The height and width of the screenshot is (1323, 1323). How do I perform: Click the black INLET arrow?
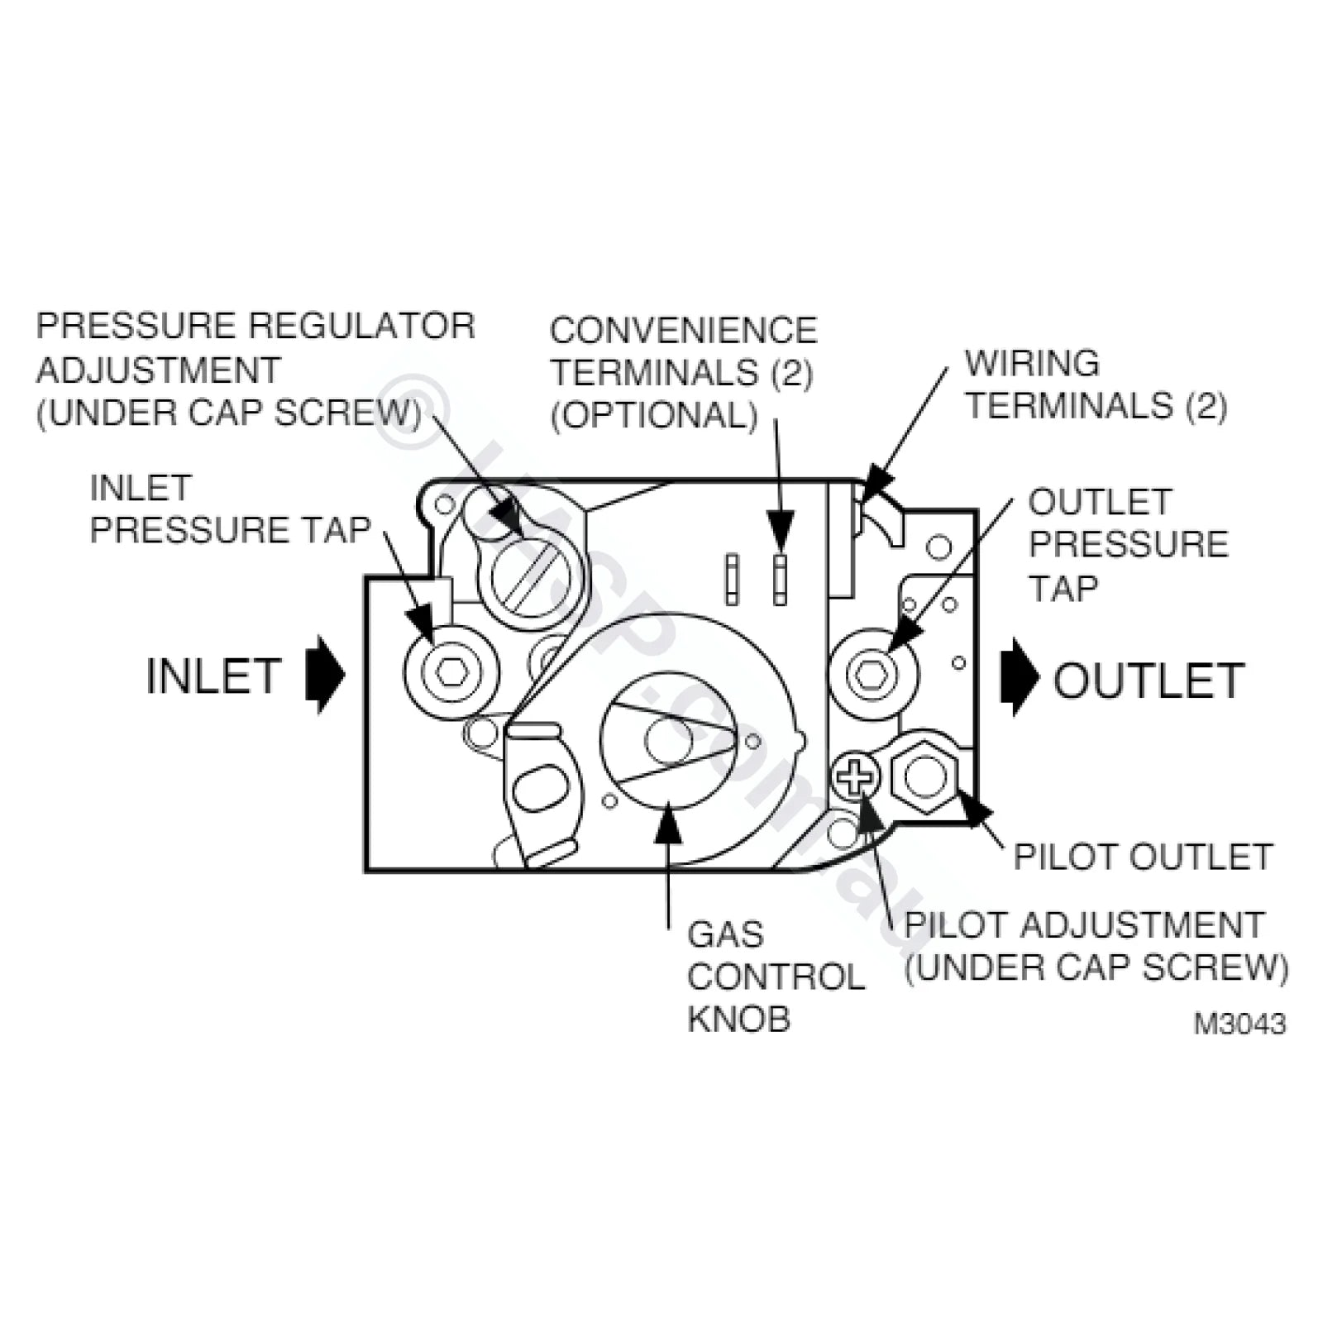coord(325,674)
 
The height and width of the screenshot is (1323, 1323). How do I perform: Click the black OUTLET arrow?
coord(1019,676)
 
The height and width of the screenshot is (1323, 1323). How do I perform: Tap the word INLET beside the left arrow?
coord(213,676)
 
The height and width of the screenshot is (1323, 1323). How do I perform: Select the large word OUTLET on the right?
coord(1148,681)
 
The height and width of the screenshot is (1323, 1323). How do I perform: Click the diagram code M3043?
coord(1239,1024)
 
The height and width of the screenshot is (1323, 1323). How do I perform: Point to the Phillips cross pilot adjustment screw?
coord(855,776)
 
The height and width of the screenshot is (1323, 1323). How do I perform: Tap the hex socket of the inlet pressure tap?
coord(451,671)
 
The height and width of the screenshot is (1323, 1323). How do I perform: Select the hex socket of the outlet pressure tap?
coord(872,674)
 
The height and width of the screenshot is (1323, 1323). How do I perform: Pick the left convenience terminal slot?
coord(732,579)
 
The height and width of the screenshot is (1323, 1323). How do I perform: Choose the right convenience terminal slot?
coord(780,579)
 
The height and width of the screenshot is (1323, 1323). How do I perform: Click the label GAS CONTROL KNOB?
coord(774,977)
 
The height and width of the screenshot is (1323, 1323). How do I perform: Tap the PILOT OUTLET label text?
coord(1142,857)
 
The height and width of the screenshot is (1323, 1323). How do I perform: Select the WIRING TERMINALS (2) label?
coord(1096,385)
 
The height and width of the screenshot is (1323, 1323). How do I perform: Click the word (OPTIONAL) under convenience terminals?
coord(654,415)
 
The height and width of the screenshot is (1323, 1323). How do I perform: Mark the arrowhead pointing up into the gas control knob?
coord(667,824)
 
